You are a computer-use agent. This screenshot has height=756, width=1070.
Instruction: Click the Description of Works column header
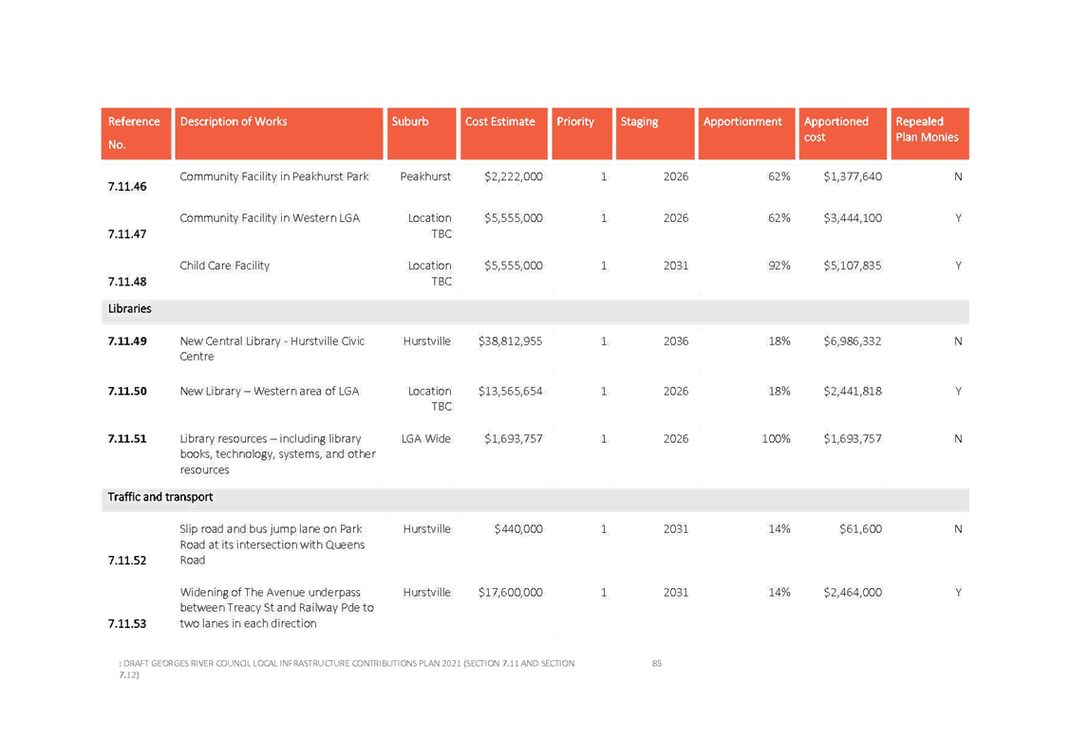click(234, 121)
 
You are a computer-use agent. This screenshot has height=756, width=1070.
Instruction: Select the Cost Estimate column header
click(500, 121)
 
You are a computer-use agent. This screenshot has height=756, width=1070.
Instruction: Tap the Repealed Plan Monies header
click(927, 129)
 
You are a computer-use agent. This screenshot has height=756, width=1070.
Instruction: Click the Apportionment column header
click(742, 121)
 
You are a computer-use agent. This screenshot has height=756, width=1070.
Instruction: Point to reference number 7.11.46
click(127, 187)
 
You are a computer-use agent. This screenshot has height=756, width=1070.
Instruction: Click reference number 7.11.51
click(127, 438)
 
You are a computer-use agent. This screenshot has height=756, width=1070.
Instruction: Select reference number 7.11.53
click(127, 623)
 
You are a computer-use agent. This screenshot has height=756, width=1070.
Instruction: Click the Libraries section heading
click(130, 309)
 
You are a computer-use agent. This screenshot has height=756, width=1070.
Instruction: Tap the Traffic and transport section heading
click(160, 497)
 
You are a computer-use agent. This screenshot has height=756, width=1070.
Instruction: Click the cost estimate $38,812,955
click(511, 341)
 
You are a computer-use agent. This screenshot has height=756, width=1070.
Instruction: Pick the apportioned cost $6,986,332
click(853, 341)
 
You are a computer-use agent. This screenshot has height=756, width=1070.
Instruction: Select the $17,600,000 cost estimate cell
click(511, 592)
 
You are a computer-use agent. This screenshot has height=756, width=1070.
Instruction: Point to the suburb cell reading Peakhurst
click(425, 176)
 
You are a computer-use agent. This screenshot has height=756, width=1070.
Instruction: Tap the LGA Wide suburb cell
click(425, 438)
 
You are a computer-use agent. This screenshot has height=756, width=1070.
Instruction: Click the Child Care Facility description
click(225, 266)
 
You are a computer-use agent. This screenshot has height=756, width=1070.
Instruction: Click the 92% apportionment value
click(779, 266)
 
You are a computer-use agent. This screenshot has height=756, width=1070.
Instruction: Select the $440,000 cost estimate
click(517, 528)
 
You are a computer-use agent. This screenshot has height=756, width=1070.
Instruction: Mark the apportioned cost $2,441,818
click(853, 391)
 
